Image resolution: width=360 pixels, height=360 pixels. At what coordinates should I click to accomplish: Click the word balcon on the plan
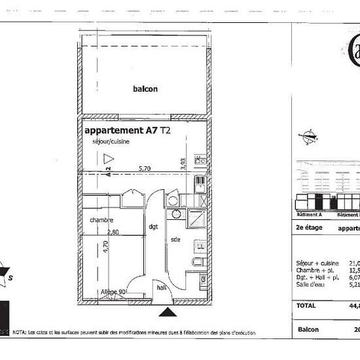tap(145, 89)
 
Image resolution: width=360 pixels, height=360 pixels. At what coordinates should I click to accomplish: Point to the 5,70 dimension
tap(145, 169)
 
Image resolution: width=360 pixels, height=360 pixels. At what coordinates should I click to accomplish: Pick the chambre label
tap(102, 221)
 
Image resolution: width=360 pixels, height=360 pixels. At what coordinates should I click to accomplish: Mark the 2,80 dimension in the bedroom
tap(112, 232)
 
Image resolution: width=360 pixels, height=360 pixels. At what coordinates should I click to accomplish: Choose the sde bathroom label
tap(175, 240)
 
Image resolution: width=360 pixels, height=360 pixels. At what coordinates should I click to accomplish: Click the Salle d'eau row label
tap(312, 285)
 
